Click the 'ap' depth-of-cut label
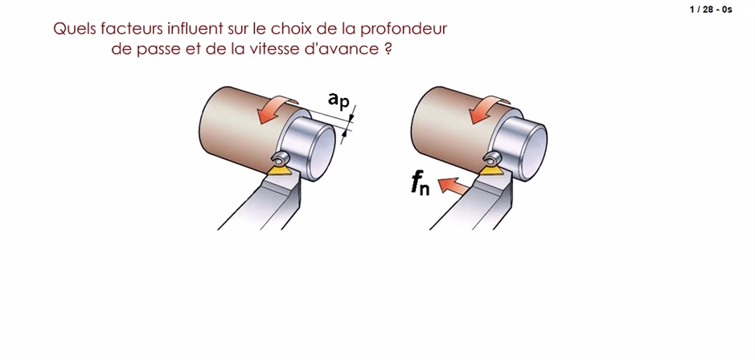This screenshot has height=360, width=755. click(x=339, y=100)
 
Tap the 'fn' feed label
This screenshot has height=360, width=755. click(x=420, y=184)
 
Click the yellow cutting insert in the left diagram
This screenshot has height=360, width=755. click(x=281, y=170)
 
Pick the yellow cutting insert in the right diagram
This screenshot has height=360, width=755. click(x=491, y=170)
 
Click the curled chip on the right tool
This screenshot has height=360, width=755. click(x=492, y=157)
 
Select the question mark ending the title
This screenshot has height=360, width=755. click(x=388, y=50)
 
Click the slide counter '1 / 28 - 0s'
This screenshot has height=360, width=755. click(x=711, y=10)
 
